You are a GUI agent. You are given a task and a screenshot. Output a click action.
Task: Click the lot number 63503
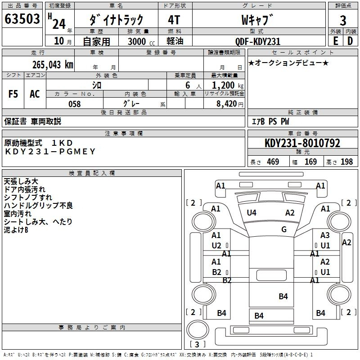point(22,18)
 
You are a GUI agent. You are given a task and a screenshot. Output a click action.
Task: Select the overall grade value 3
point(343,21)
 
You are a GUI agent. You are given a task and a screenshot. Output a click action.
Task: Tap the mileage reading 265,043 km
point(53,65)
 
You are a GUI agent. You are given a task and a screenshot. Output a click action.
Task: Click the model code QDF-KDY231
point(258,41)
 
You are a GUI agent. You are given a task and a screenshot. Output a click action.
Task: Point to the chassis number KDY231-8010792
point(302,143)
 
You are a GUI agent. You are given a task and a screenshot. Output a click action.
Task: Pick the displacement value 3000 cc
point(141,41)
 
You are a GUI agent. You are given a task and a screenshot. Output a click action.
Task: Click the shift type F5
point(13,94)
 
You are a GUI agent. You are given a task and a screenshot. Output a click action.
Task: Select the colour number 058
point(75,104)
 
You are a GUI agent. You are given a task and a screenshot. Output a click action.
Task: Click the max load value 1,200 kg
point(228,85)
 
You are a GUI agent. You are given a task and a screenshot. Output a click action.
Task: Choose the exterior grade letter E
point(336,41)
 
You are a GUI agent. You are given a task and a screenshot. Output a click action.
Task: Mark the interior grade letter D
point(350,41)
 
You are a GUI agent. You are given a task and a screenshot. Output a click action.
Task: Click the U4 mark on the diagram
point(252,213)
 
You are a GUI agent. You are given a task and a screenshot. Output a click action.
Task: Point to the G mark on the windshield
point(284,229)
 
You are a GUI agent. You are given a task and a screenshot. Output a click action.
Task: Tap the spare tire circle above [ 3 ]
point(198,330)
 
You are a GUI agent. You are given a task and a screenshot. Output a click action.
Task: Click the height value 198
point(346,162)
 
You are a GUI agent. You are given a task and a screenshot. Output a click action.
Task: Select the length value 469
point(273,162)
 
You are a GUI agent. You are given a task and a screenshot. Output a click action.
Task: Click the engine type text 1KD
point(62,143)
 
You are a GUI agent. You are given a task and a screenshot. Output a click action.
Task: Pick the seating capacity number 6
point(188,85)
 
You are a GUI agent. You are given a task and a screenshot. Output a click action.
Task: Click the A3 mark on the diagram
point(325,235)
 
